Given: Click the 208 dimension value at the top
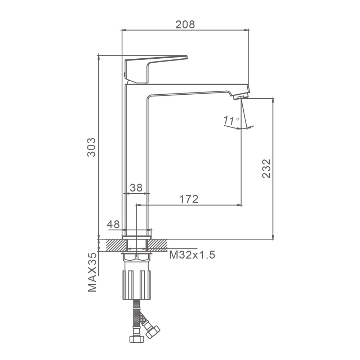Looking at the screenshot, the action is [x=185, y=24].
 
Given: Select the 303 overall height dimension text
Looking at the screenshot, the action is [x=91, y=147].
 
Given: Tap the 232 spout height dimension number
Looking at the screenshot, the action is [x=266, y=168].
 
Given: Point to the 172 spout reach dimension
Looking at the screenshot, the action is [x=189, y=199].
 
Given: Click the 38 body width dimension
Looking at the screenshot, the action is [x=136, y=188].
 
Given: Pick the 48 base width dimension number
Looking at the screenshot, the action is [x=113, y=224].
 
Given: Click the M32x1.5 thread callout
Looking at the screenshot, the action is [x=192, y=255].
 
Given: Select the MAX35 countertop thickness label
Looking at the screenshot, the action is [x=92, y=272].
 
